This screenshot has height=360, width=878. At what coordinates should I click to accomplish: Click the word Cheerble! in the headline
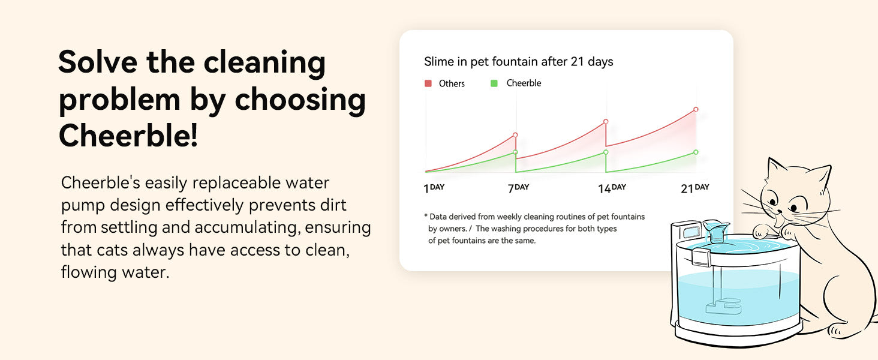(128, 135)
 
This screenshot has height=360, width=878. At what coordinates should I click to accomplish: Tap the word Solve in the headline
(98, 62)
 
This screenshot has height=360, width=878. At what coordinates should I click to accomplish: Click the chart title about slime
(519, 62)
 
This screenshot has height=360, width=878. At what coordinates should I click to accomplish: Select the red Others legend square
(428, 83)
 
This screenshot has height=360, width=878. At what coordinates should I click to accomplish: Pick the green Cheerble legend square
(494, 83)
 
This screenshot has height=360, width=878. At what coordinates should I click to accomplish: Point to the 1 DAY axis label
(434, 188)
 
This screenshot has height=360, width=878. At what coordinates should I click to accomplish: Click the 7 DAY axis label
(518, 188)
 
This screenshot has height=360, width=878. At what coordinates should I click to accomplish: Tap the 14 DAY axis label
(612, 188)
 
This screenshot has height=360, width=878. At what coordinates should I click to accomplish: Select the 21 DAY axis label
(695, 188)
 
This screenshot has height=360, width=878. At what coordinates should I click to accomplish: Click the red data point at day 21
(696, 109)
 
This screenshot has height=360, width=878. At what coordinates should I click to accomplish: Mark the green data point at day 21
(696, 152)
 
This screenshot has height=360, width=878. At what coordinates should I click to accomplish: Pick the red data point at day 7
(515, 135)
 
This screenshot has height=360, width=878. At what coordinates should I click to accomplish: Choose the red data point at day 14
(606, 122)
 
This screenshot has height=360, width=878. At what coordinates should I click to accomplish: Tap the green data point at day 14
(606, 152)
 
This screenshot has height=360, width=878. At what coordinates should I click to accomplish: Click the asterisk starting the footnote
(426, 215)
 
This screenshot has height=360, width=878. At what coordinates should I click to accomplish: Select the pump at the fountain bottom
(723, 307)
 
